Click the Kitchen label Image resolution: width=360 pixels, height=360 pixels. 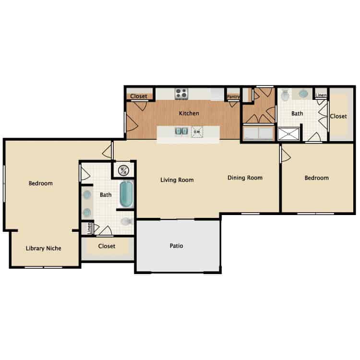click(189, 114)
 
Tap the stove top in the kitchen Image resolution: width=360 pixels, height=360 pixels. click(181, 93)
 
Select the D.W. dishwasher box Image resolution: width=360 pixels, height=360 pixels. click(197, 131)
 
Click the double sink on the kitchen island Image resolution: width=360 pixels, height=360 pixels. click(180, 131)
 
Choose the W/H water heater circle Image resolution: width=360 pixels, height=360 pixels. click(123, 170)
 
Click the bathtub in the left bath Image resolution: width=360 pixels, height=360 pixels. click(126, 193)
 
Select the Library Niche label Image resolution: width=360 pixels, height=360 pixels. click(44, 248)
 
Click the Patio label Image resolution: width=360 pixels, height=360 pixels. click(176, 246)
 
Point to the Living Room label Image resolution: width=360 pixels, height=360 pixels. click(177, 180)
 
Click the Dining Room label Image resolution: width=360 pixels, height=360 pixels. click(245, 178)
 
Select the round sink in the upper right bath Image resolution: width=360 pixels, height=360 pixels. click(304, 94)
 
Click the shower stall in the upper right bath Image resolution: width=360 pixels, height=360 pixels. click(290, 133)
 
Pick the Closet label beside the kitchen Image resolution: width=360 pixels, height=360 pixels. click(139, 96)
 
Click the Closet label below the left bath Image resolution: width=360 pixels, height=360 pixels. click(107, 246)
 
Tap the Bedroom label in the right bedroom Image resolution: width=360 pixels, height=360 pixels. click(317, 178)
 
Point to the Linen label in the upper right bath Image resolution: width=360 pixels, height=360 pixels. click(321, 95)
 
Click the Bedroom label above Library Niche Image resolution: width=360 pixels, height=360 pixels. click(40, 183)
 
